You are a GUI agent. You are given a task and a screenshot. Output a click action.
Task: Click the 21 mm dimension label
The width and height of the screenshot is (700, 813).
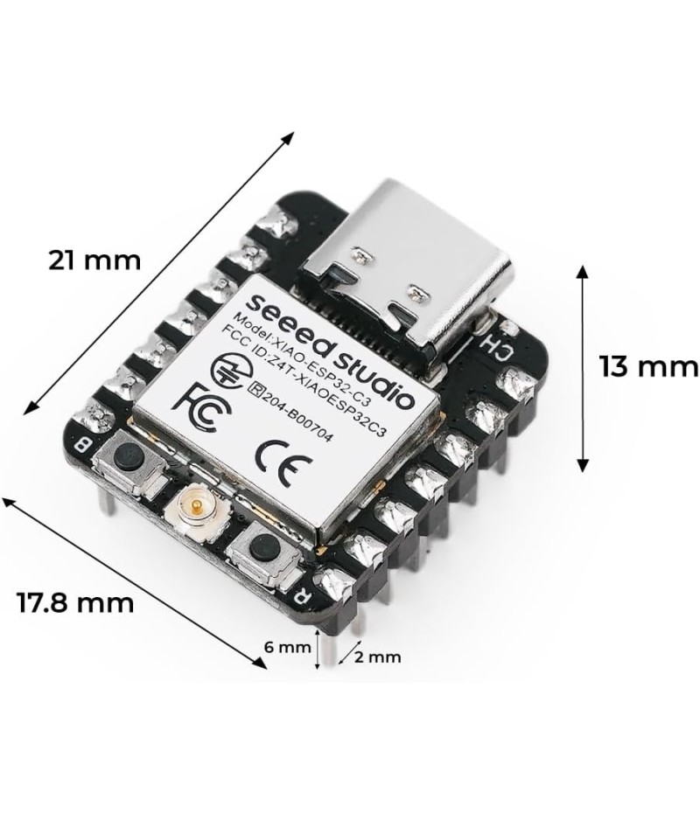94,260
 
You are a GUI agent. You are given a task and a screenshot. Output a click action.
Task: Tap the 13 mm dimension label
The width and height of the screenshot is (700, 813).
649,366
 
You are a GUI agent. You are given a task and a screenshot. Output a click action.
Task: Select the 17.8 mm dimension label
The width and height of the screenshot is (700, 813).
76,602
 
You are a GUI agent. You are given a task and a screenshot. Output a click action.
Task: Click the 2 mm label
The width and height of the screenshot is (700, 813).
378,657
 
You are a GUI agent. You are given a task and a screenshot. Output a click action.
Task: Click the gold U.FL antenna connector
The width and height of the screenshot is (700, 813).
196,511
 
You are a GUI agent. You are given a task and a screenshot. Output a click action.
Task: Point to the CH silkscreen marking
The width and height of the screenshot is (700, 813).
497,348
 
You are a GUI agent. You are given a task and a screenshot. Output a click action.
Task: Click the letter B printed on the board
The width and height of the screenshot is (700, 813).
82,444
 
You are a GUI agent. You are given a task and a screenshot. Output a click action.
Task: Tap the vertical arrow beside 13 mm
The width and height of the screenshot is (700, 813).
583,369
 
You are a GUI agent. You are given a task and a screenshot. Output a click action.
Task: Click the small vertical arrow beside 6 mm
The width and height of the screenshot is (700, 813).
318,648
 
